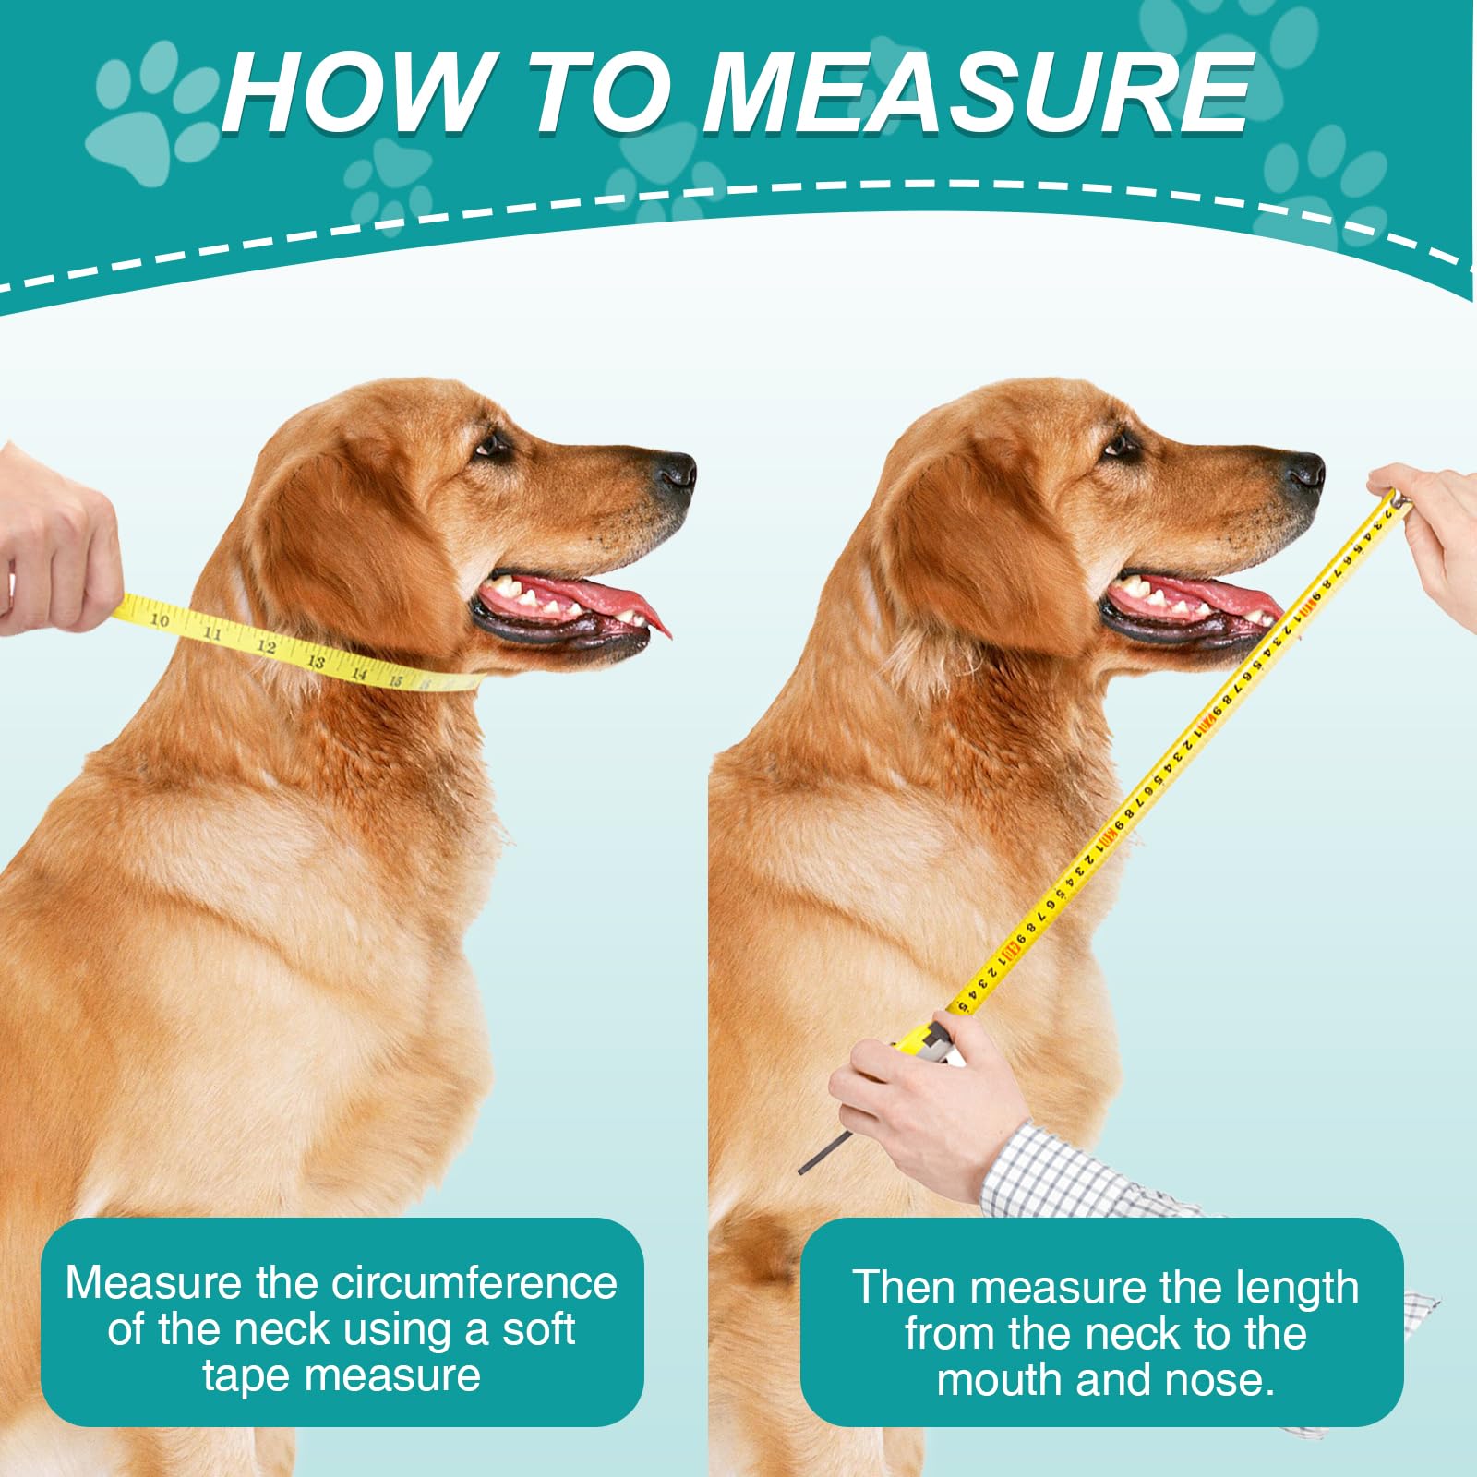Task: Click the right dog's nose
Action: (x=1304, y=472)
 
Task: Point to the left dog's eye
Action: (x=493, y=446)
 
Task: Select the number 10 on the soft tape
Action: (x=160, y=619)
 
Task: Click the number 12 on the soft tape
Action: (x=266, y=646)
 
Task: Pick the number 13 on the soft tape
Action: (x=316, y=660)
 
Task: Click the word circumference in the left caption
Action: (x=475, y=1284)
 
